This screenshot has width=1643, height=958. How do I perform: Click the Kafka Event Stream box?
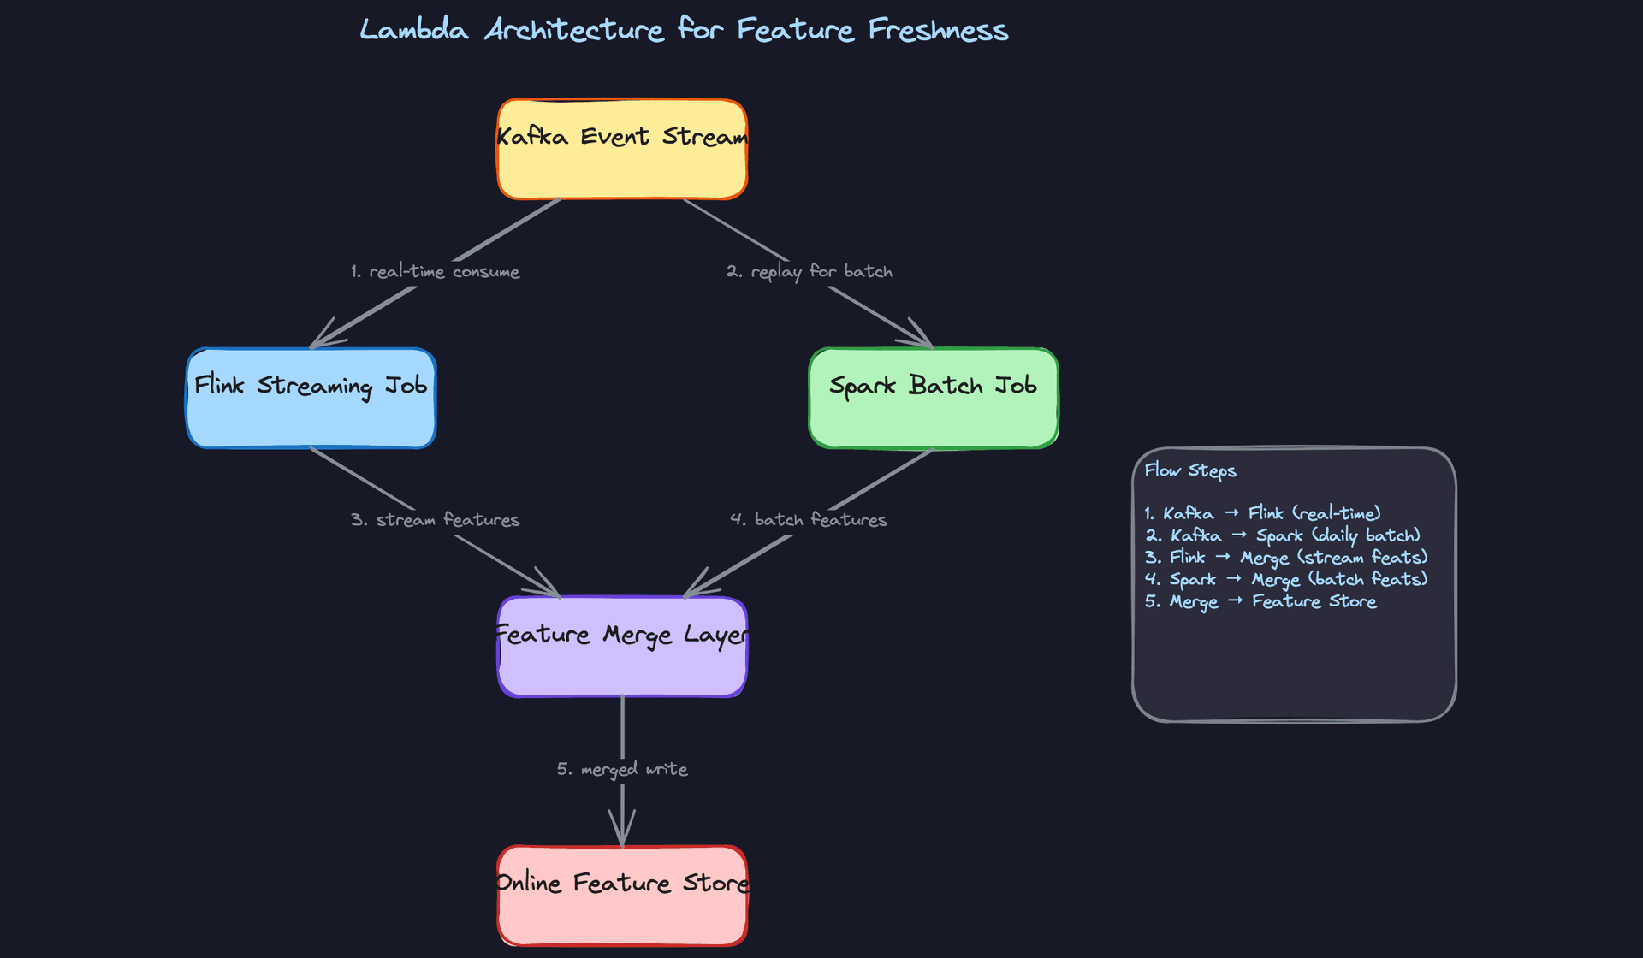(622, 150)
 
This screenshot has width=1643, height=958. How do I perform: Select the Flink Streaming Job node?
(311, 399)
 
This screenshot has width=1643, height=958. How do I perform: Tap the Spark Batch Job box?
(933, 399)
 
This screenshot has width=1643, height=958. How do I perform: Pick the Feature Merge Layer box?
(622, 647)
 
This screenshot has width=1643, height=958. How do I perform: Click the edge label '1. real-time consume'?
(435, 272)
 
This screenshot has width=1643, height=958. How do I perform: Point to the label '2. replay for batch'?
(809, 272)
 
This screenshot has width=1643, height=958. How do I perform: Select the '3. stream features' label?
(435, 520)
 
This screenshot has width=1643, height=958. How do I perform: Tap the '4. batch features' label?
(809, 520)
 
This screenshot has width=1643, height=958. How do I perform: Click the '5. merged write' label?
(622, 769)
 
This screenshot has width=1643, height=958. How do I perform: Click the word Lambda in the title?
(413, 31)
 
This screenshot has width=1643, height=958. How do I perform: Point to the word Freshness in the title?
(938, 31)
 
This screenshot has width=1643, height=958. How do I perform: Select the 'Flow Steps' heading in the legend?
(1190, 470)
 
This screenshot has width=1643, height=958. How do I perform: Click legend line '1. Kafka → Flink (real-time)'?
(1262, 513)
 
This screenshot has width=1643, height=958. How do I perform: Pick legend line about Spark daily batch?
(1282, 535)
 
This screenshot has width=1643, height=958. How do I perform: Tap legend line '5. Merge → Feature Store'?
(1260, 602)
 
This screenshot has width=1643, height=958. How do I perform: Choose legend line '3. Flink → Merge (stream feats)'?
(1286, 558)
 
